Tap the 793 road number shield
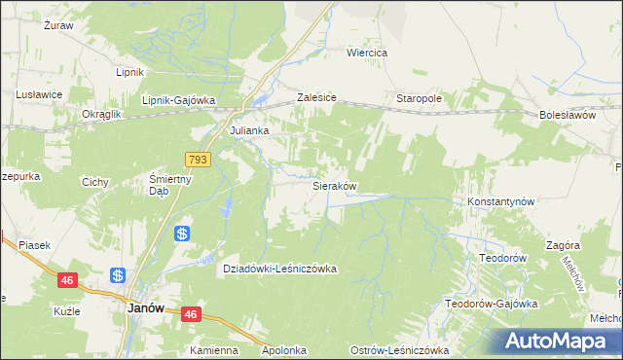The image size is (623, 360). [198, 159]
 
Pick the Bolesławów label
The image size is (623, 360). [567, 115]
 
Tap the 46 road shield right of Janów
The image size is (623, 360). [191, 314]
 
